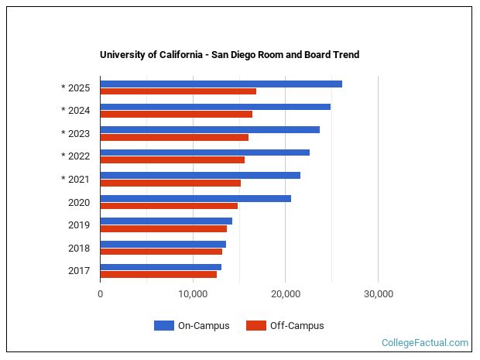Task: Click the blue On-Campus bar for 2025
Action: tap(221, 84)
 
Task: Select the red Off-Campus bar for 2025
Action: tap(178, 91)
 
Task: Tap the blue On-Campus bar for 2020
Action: tap(195, 198)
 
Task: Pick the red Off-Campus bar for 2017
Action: tap(158, 275)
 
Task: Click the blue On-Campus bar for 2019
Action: tap(166, 221)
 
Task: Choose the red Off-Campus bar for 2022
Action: tap(172, 160)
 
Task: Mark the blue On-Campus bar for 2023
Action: tap(210, 129)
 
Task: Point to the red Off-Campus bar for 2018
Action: tap(161, 252)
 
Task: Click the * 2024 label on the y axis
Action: tap(75, 111)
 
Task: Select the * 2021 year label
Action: tap(75, 180)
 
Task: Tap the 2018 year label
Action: tap(79, 249)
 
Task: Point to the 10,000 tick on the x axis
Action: tap(193, 294)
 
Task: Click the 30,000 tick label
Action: tap(378, 294)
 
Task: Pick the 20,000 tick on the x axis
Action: tap(286, 294)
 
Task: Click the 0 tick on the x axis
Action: tap(101, 294)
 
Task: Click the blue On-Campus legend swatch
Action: tap(163, 326)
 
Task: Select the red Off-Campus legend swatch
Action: tap(255, 326)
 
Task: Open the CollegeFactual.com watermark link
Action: tap(424, 343)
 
